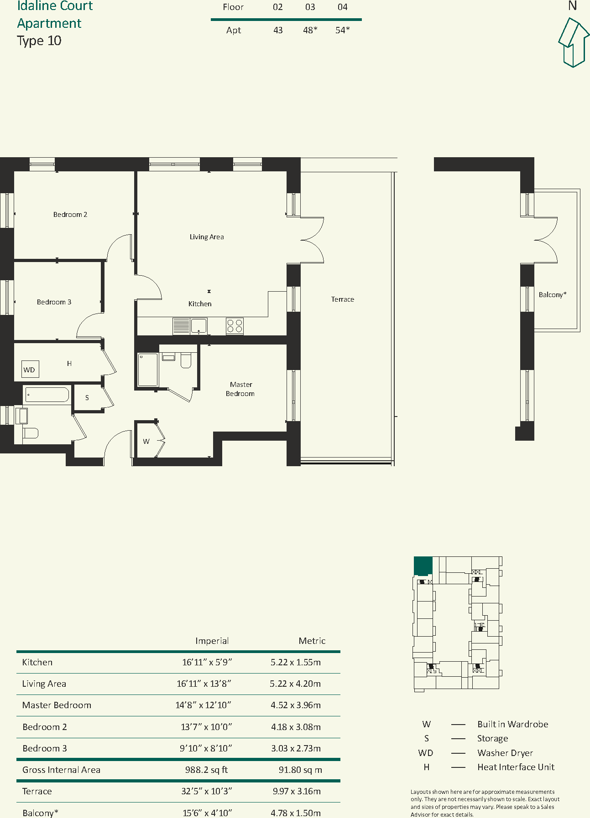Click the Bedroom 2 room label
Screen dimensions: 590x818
[x=70, y=215]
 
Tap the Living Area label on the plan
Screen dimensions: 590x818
[x=207, y=237]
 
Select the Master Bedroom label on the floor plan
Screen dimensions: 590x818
[x=240, y=389]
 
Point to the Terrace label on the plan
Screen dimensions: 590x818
[x=343, y=299]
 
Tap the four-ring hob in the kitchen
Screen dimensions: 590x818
[x=235, y=326]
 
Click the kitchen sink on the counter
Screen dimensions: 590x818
[x=198, y=326]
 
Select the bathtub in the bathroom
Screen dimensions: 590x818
[x=47, y=395]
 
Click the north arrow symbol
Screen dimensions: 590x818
[x=574, y=42]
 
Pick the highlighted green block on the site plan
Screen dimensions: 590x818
[x=423, y=566]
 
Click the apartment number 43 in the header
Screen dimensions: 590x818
[x=278, y=31]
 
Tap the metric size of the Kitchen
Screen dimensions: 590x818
[x=296, y=662]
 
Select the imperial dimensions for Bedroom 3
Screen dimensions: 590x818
[x=206, y=748]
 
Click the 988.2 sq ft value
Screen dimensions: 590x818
[x=206, y=770]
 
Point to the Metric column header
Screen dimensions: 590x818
[x=312, y=641]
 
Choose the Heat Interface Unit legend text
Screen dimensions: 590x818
[x=516, y=767]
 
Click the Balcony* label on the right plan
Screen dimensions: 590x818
[x=553, y=295]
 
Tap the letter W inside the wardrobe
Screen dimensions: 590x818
[x=146, y=441]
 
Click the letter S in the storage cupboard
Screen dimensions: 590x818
[x=87, y=398]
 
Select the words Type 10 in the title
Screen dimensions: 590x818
[x=39, y=41]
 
